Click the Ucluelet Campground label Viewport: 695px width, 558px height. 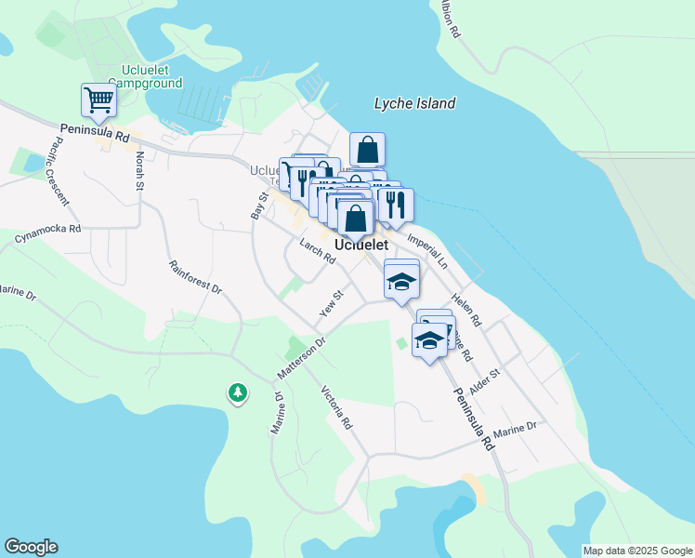pos(151,76)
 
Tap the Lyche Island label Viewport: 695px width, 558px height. pos(414,103)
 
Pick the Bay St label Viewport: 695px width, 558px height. pos(259,206)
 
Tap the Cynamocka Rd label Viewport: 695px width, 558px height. pos(47,233)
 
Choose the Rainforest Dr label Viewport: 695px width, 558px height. pos(195,276)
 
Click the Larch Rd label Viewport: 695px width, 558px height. pos(317,250)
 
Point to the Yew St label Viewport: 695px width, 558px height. pos(332,303)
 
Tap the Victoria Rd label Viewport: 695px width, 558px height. pos(336,407)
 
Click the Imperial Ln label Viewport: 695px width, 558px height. pos(427,250)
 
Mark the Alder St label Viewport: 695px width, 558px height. pos(484,381)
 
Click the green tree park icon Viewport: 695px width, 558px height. pos(238,393)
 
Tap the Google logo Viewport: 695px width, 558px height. pos(31,547)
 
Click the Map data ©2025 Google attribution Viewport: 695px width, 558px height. pos(637,551)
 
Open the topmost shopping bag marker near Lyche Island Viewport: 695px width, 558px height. pos(368,149)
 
